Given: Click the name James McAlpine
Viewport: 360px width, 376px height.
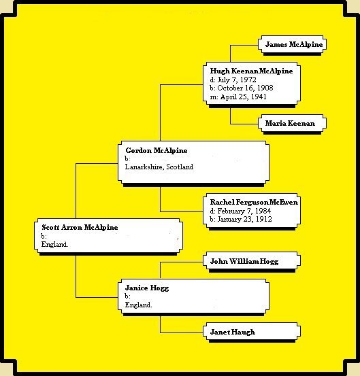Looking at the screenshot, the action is [294, 44].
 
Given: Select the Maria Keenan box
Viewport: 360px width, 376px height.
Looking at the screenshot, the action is [292, 123].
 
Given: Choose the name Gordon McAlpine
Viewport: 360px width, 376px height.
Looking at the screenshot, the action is [157, 150].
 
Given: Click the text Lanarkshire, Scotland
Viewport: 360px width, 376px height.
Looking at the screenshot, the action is [159, 167].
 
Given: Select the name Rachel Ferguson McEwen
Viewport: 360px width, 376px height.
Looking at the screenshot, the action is [254, 202].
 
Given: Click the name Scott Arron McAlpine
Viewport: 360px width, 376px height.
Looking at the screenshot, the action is [80, 227].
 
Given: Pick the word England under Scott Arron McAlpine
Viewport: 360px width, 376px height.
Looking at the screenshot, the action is [54, 244].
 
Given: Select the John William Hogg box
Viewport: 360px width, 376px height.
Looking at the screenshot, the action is [252, 261].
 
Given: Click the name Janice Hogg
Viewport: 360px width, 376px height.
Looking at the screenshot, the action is [147, 288].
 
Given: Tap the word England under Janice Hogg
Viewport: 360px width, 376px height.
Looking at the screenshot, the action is [138, 305].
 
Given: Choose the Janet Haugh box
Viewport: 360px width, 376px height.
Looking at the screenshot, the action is [252, 332].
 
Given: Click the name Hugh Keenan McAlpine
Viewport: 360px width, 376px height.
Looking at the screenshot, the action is [251, 71].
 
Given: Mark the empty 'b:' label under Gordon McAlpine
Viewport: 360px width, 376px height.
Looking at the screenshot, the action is [127, 158].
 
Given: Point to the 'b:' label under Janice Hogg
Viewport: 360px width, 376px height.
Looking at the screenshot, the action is [127, 296].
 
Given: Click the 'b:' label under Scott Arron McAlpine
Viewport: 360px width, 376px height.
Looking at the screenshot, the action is [44, 236].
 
